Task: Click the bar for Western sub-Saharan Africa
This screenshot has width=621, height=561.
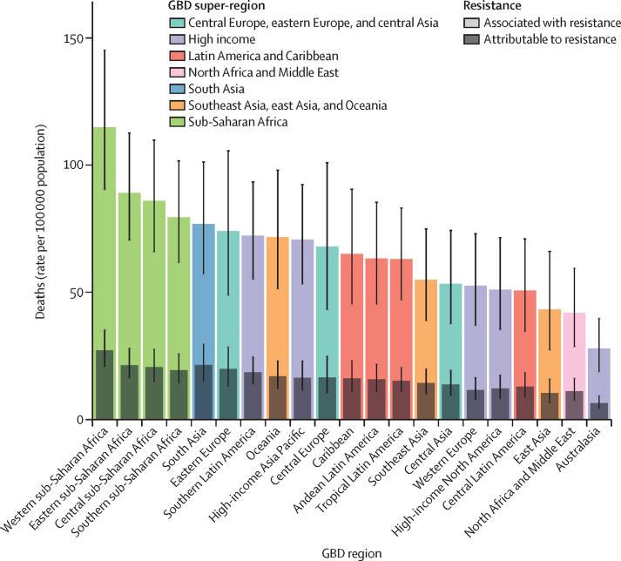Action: click(105, 261)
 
